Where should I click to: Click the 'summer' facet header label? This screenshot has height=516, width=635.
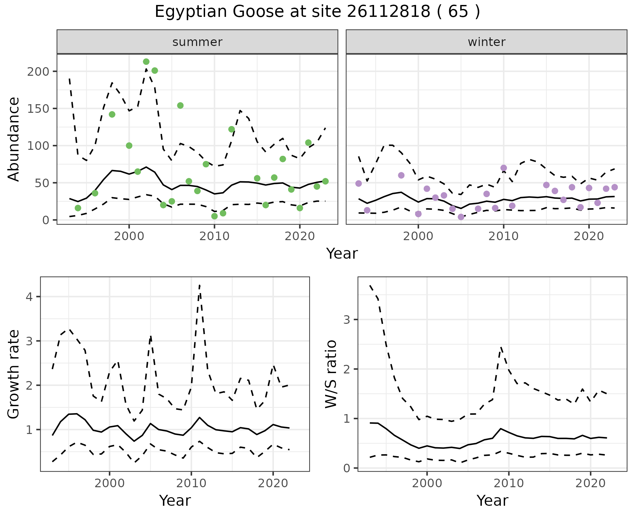click(x=197, y=42)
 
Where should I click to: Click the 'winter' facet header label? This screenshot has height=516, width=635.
click(x=487, y=42)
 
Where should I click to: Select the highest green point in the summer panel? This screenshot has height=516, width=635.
click(x=146, y=62)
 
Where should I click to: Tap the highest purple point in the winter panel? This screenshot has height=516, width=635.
click(x=504, y=168)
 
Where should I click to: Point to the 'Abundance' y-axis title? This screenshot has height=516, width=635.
click(x=14, y=139)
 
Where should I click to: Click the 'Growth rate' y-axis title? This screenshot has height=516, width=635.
click(x=14, y=374)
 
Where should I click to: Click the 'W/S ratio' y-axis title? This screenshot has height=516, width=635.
click(x=331, y=374)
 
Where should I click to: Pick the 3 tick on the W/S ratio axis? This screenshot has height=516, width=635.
click(x=347, y=320)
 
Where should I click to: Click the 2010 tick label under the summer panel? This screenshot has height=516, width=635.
click(x=214, y=236)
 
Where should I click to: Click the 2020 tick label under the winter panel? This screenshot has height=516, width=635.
click(x=589, y=236)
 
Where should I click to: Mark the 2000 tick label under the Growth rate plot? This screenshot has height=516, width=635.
click(x=109, y=483)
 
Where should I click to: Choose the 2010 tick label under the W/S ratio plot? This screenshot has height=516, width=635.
click(x=509, y=483)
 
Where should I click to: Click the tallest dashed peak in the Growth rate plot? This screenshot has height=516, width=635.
click(x=199, y=285)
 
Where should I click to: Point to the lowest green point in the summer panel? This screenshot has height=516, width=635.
click(x=214, y=216)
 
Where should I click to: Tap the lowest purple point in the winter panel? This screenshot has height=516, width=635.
click(x=461, y=217)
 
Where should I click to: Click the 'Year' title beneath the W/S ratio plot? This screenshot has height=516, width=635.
click(x=492, y=501)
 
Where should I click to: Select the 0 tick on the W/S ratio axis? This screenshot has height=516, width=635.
click(x=347, y=468)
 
